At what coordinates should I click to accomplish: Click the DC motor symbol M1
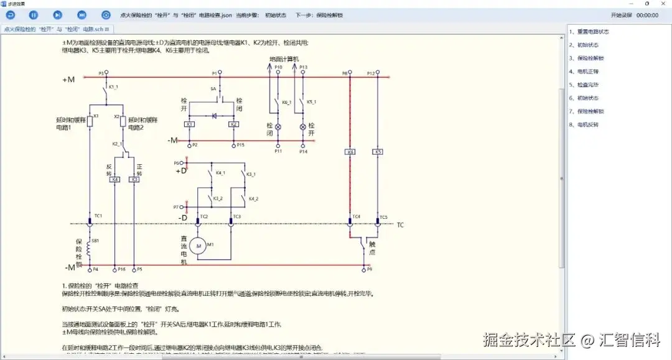tap(200, 246)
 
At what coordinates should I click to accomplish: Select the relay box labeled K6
tap(350, 152)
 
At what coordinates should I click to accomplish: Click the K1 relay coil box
tap(190, 124)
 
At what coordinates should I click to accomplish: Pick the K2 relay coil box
tap(233, 124)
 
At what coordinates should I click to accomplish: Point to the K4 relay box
tap(114, 179)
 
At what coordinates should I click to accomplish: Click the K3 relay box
tap(134, 179)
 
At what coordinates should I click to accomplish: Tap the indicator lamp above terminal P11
tap(278, 127)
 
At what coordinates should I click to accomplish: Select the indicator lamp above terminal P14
tap(304, 127)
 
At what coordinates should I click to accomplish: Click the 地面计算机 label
tap(284, 59)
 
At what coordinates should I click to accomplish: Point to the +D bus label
tap(181, 170)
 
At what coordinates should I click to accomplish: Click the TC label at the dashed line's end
tap(401, 224)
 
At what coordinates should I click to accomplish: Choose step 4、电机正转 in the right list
tap(584, 72)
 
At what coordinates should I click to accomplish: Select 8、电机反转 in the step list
tap(584, 124)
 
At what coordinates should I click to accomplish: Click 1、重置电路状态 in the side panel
tap(589, 32)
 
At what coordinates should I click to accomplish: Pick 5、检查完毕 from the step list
tap(584, 85)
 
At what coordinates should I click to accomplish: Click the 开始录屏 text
tap(621, 14)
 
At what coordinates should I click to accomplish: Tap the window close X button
tap(662, 3)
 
